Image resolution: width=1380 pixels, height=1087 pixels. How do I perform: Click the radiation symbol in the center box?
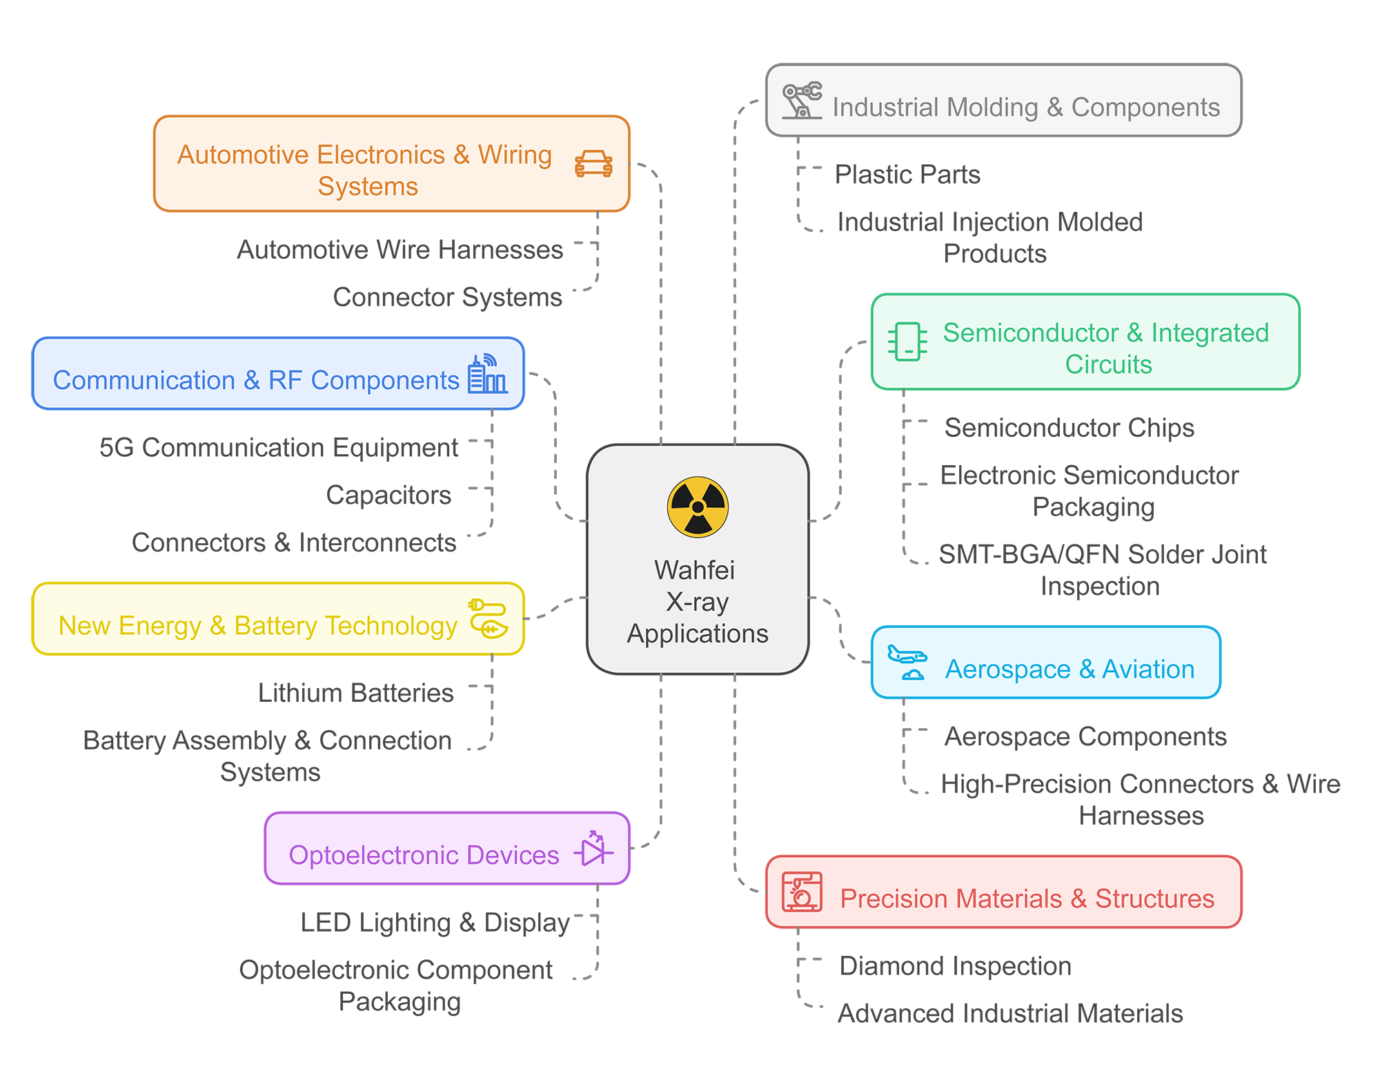click(698, 507)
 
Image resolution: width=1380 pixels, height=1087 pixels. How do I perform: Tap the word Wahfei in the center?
click(694, 571)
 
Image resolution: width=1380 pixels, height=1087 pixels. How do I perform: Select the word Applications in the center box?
click(698, 634)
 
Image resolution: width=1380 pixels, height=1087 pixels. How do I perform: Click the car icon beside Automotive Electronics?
click(593, 164)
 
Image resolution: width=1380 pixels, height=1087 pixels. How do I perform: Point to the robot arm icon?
click(801, 101)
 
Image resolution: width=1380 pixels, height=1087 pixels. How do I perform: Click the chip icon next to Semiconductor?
click(907, 342)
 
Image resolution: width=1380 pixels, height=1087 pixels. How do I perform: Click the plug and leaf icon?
click(489, 618)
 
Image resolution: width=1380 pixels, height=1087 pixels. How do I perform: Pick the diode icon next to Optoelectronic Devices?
click(593, 849)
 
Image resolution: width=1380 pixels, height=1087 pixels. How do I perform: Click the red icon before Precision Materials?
click(802, 892)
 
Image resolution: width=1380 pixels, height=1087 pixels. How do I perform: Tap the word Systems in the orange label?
click(368, 186)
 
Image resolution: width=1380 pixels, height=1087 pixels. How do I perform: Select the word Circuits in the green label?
click(1108, 364)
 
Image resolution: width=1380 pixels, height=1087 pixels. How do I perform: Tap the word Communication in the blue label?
click(144, 380)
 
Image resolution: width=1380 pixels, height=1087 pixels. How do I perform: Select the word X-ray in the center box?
click(697, 603)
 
